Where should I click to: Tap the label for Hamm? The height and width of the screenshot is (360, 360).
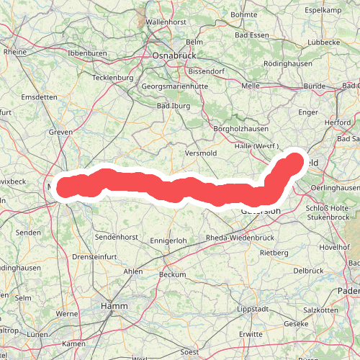114,305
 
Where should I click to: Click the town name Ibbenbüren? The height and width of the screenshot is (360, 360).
86,53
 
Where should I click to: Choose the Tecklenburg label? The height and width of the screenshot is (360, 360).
114,77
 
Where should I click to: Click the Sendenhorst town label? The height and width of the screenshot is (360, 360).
116,236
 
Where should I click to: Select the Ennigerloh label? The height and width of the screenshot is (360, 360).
168,240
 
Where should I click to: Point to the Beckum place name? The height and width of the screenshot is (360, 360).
173,274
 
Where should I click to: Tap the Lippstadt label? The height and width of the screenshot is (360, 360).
253,310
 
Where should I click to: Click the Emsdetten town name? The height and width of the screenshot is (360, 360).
39,96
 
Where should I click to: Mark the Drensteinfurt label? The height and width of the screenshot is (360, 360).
94,256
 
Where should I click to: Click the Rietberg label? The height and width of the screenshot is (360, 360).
274,253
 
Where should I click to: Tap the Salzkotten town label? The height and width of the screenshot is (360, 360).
320,310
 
